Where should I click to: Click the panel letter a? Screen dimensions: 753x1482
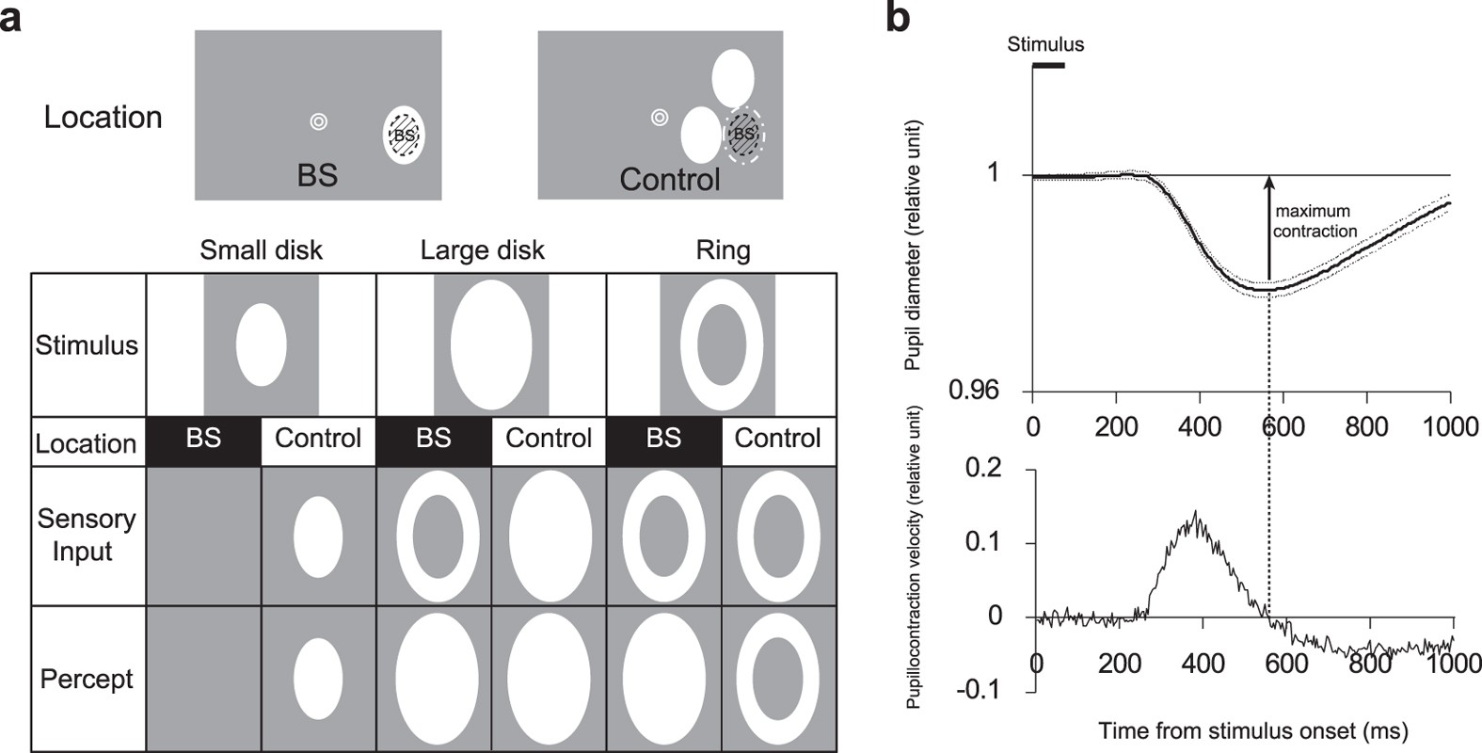coord(10,18)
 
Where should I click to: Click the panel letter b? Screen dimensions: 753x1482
coord(899,18)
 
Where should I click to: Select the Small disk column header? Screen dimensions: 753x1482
coord(261,250)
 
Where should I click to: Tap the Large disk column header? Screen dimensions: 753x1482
coord(482,250)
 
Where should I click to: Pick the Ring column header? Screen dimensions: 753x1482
coord(722,250)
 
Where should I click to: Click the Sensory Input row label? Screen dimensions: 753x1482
coord(87,535)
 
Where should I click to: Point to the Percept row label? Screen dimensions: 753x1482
coord(87,679)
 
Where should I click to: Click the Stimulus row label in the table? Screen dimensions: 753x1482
coord(87,345)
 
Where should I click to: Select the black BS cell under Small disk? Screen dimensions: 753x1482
coord(203,440)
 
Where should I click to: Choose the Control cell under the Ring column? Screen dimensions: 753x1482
coord(777,440)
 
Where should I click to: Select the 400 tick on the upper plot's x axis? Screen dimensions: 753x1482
coord(1200,426)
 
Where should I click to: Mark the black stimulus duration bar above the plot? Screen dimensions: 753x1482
coord(1048,65)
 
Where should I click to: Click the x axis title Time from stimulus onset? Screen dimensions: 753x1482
coord(1252,729)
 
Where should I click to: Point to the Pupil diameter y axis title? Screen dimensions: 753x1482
coord(913,245)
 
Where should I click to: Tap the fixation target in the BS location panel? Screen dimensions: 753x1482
coord(318,121)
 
